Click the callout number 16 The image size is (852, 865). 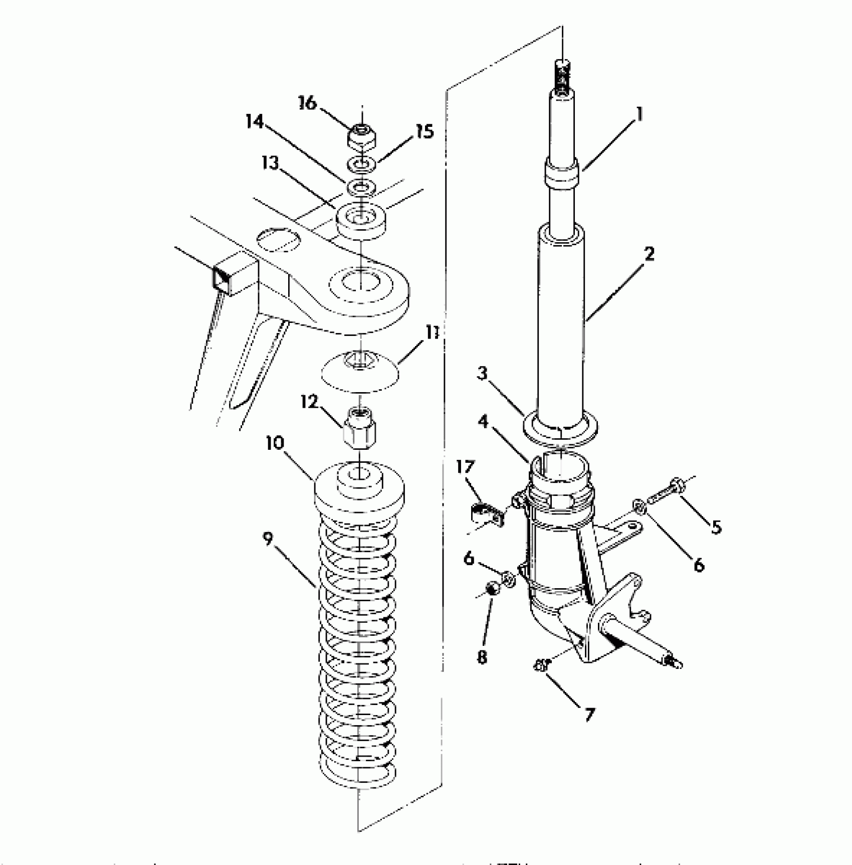click(x=308, y=103)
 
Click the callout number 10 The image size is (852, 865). click(x=275, y=443)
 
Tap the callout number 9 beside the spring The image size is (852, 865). click(x=269, y=539)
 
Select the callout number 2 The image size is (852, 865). click(x=649, y=254)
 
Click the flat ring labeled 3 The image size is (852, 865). click(x=560, y=431)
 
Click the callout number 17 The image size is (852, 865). click(x=465, y=467)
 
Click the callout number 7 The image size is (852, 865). click(x=589, y=714)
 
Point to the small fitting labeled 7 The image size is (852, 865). click(x=541, y=665)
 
